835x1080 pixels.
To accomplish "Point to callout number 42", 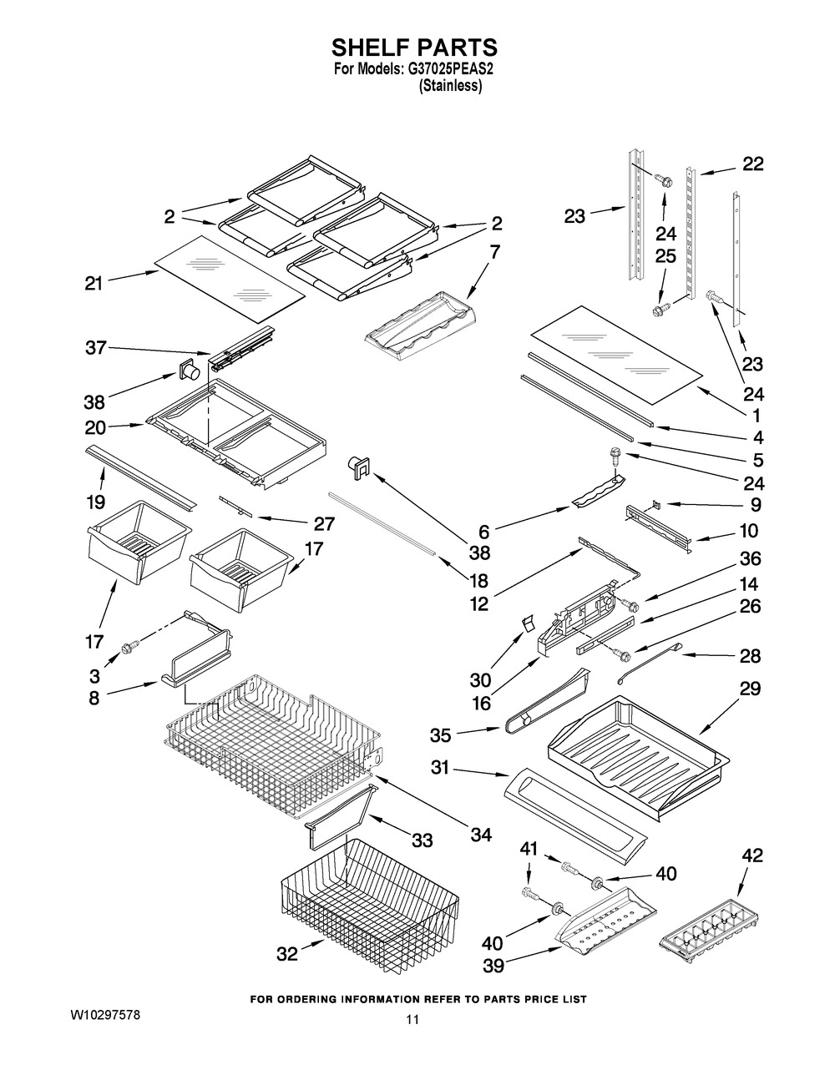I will (752, 855).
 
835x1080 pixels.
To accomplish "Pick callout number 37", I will (95, 348).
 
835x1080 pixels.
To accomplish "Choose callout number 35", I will (441, 735).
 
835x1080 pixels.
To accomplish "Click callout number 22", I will (752, 164).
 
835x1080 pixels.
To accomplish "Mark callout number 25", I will (665, 257).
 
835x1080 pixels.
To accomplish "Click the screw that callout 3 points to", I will (129, 646).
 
